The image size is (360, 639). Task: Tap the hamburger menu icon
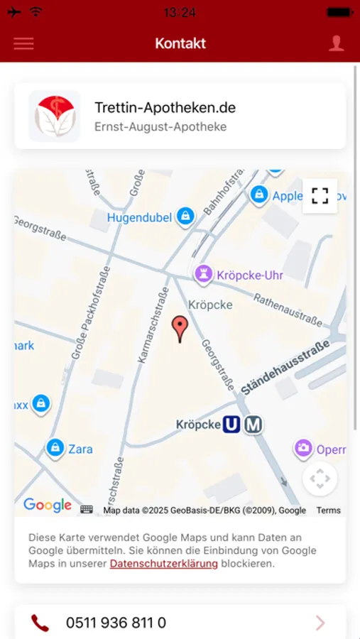[23, 43]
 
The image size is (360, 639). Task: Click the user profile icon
[336, 43]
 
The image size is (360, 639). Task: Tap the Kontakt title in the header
[180, 43]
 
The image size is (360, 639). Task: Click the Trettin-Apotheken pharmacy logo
[55, 116]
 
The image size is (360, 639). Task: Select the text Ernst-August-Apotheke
[160, 127]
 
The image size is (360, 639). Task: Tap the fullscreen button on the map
[320, 195]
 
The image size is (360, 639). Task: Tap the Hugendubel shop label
[139, 218]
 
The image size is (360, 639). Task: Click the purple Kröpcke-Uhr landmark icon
[204, 274]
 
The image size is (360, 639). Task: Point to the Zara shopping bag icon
[55, 447]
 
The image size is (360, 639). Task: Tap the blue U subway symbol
[231, 425]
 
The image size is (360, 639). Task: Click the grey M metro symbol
[253, 425]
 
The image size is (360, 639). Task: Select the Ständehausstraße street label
[286, 367]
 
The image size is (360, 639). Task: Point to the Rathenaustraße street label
[288, 310]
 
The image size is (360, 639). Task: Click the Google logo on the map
[48, 505]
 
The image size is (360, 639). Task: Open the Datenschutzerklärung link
[163, 564]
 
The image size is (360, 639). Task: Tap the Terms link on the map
[329, 510]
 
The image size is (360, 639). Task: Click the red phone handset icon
[40, 623]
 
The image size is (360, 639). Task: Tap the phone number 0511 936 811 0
[116, 623]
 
